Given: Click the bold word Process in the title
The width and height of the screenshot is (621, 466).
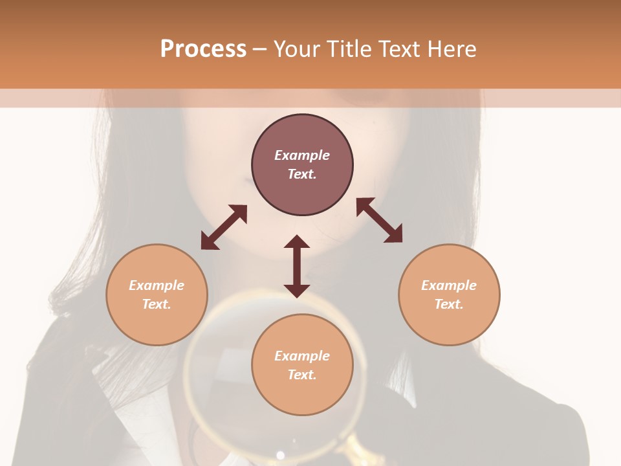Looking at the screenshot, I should coord(203,49).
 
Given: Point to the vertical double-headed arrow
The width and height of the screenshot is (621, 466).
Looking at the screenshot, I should coord(297,266).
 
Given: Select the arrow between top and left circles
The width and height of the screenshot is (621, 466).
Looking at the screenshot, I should coord(224,227).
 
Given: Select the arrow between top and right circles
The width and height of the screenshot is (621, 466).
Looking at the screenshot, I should coord(379,220).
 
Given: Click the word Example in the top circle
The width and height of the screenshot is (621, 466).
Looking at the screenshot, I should coord(302,155).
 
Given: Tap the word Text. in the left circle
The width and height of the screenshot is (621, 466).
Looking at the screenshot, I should coord(157,304).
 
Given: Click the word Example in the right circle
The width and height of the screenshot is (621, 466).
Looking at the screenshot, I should coord(449,285).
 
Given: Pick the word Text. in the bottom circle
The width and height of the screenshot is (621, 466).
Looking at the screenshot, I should coord(302,375).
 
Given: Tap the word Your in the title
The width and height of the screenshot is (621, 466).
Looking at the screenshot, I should coord(298,49).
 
